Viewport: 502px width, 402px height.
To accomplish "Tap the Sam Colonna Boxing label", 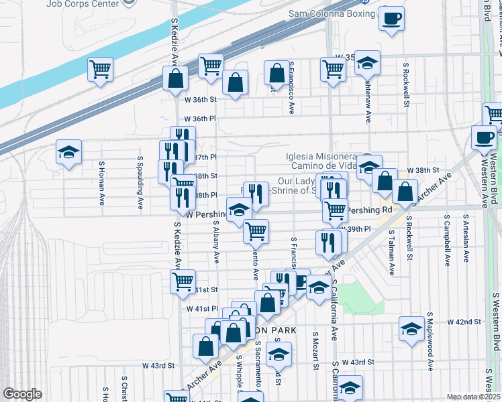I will point(332,13).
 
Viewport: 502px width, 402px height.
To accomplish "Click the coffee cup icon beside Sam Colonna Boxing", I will point(391,18).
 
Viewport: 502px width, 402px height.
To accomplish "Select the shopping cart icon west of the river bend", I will point(100,68).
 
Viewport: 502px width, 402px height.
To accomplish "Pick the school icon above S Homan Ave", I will point(68,153).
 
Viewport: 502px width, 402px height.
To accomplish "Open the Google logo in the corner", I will point(22,393).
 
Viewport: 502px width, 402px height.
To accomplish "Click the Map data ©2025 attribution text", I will point(474,397).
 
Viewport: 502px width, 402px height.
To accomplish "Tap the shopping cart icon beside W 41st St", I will point(183,282).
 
